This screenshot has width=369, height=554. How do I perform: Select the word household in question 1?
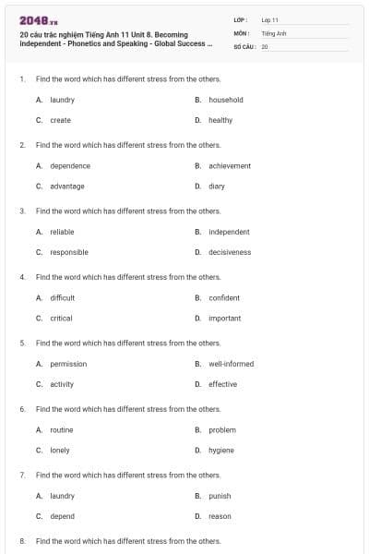point(226,100)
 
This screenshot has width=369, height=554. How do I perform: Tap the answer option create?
point(61,120)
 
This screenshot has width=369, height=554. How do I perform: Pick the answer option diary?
point(217,187)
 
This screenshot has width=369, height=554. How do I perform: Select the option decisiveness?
point(230,252)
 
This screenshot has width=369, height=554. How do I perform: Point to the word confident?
point(224,298)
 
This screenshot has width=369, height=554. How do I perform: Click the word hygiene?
point(221,450)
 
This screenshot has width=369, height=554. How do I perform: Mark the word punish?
point(220,496)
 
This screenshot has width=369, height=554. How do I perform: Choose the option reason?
point(220,516)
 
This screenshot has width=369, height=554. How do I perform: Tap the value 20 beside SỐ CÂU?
point(265,46)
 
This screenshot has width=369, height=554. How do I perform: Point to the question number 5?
point(22,343)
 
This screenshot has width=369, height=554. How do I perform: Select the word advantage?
point(67,187)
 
